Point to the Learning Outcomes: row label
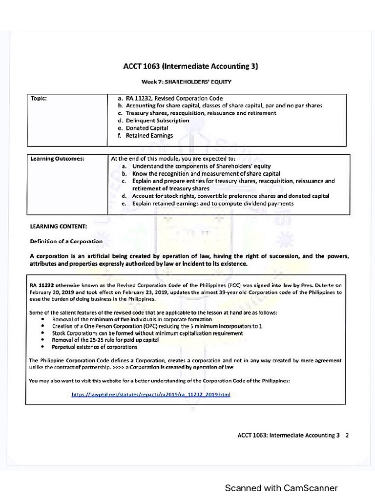pos(57,159)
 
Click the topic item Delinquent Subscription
pos(157,121)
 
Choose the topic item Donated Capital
pos(146,128)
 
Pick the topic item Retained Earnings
pos(149,136)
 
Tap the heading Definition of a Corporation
pos(66,241)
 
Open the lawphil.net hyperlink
pos(150,394)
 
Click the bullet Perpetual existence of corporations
pos(94,347)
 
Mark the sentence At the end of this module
pos(173,159)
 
